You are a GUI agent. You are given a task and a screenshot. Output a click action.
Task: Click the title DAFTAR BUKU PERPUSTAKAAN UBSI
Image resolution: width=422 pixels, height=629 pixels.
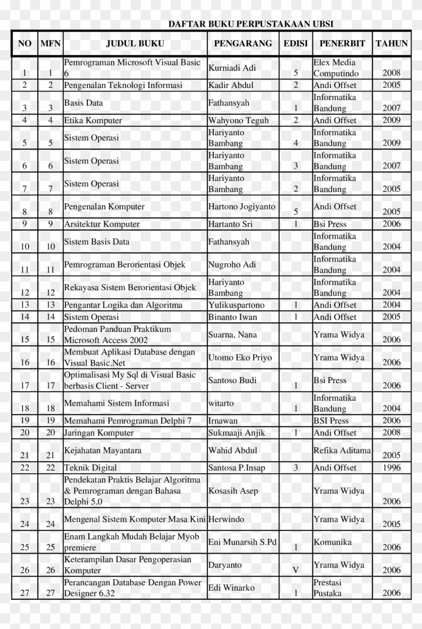[250, 24]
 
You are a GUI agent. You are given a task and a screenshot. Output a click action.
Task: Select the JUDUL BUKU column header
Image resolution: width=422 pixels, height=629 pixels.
[135, 43]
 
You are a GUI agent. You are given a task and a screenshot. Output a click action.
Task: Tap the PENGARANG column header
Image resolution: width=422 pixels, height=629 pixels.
[243, 43]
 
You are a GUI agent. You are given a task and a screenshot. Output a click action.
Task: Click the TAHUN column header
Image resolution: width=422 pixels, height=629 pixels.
[391, 43]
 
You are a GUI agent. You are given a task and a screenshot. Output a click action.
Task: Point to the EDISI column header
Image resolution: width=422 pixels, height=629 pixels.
[296, 43]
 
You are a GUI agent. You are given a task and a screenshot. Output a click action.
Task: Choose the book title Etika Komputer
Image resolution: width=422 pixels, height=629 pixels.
[93, 121]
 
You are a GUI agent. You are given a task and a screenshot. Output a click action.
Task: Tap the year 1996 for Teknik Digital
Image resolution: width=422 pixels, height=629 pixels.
[391, 468]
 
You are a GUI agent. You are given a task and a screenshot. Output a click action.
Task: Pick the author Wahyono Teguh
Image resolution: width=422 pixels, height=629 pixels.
[239, 121]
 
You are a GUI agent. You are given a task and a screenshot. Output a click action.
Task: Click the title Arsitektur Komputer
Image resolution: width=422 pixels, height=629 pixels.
[101, 224]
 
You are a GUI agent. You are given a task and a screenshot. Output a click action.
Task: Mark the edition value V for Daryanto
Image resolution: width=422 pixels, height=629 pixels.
[296, 570]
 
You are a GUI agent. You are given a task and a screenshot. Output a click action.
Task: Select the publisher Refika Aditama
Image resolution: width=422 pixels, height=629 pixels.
[342, 451]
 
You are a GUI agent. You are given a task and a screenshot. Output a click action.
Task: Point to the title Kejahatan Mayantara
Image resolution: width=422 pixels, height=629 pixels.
[102, 451]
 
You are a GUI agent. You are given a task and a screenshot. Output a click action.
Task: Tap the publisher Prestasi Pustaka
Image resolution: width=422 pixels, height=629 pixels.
[328, 588]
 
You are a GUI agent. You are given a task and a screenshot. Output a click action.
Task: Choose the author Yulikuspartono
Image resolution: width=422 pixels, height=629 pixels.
[236, 305]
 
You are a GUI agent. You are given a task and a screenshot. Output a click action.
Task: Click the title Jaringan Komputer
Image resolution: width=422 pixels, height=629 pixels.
[99, 433]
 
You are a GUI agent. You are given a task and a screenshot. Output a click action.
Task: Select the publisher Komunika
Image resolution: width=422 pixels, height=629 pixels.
[333, 542]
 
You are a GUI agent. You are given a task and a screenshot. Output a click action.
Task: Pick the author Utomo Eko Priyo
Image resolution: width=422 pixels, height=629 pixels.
[240, 357]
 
